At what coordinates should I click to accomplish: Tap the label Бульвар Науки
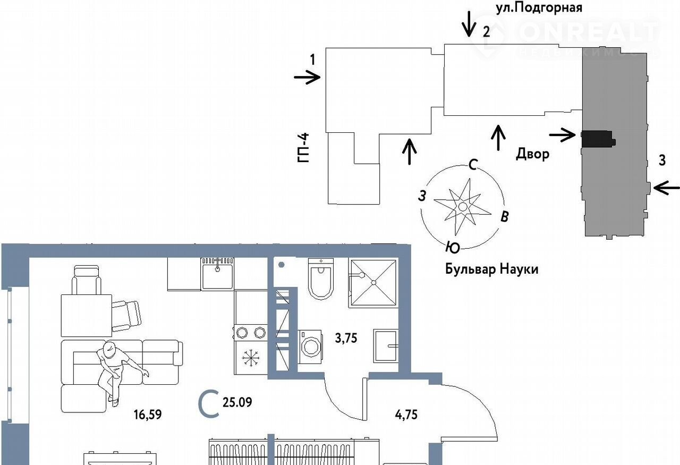[491, 269]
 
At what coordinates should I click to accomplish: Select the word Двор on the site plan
[532, 154]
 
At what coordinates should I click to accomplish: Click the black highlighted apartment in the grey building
[598, 139]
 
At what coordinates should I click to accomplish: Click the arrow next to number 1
[307, 78]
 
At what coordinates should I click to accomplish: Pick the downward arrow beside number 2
[469, 24]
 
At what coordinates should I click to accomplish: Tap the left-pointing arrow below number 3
[666, 187]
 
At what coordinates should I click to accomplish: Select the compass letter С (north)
[472, 165]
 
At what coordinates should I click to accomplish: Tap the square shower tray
[373, 283]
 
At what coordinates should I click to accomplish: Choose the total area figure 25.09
[237, 402]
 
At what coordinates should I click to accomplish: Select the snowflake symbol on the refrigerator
[249, 359]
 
